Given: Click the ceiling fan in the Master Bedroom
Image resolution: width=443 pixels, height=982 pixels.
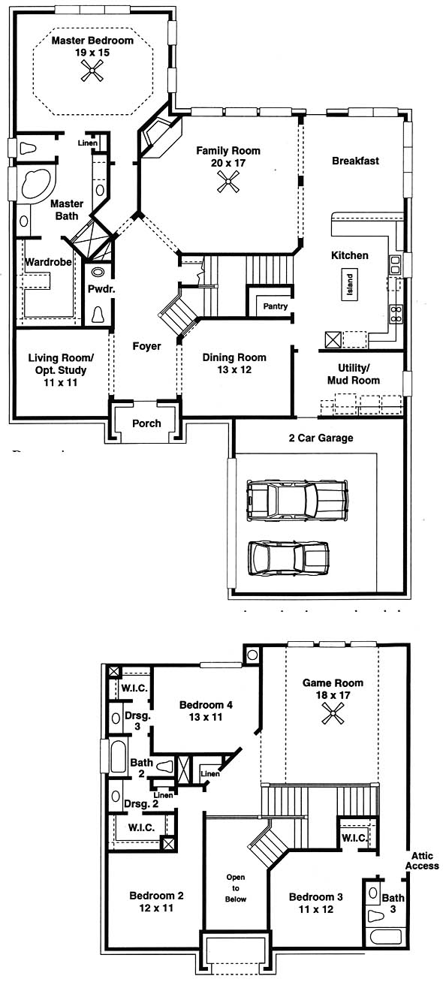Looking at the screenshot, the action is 92,71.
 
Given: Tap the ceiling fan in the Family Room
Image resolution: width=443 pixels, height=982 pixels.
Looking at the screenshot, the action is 228,182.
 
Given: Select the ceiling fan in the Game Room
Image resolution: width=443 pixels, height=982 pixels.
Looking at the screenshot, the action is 333,713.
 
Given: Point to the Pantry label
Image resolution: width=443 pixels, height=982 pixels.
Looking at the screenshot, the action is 276,306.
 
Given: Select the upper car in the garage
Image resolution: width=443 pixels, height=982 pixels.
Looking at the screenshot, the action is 297,500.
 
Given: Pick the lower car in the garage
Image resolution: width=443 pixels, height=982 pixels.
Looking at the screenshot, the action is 288,558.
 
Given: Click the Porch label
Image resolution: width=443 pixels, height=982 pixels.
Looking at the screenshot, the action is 146,423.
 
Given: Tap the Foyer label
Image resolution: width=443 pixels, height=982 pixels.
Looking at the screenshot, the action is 146,346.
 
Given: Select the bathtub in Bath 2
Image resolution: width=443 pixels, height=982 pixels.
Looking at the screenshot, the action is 118,756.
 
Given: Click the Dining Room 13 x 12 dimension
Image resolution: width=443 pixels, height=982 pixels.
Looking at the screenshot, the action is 234,369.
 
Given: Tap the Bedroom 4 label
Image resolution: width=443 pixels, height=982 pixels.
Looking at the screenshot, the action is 206,705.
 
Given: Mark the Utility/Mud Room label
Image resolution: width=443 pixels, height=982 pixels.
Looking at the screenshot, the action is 354,374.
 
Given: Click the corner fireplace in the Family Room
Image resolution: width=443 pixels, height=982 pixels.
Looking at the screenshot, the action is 159,137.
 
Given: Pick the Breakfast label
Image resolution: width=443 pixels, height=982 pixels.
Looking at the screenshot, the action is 355,161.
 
